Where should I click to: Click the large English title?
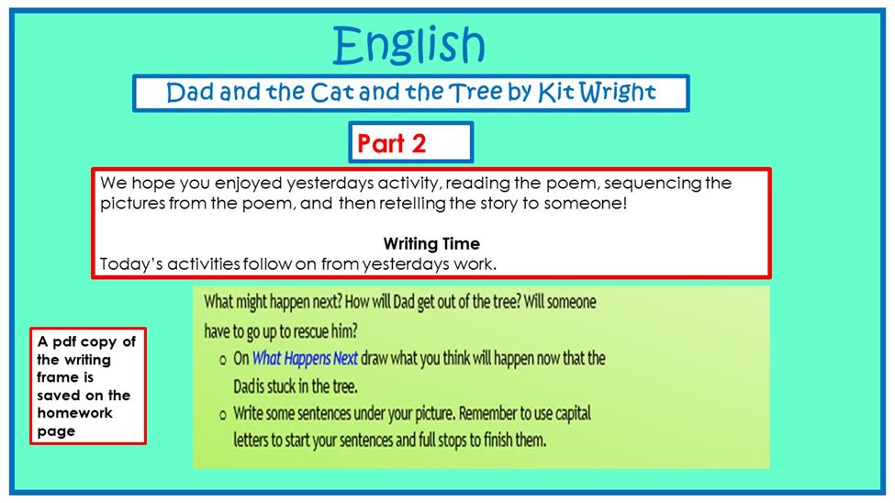408,45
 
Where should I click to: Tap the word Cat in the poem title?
331,93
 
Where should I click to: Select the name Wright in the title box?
617,93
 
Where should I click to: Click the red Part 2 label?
392,143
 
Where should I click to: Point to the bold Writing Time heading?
431,244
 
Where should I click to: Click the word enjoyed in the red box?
248,184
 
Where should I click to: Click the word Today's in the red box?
131,264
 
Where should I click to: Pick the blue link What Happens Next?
305,359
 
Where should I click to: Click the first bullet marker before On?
223,360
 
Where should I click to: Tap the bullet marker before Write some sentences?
223,415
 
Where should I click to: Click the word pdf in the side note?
64,342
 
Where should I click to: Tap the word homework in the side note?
74,413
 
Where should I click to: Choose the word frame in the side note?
58,377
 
